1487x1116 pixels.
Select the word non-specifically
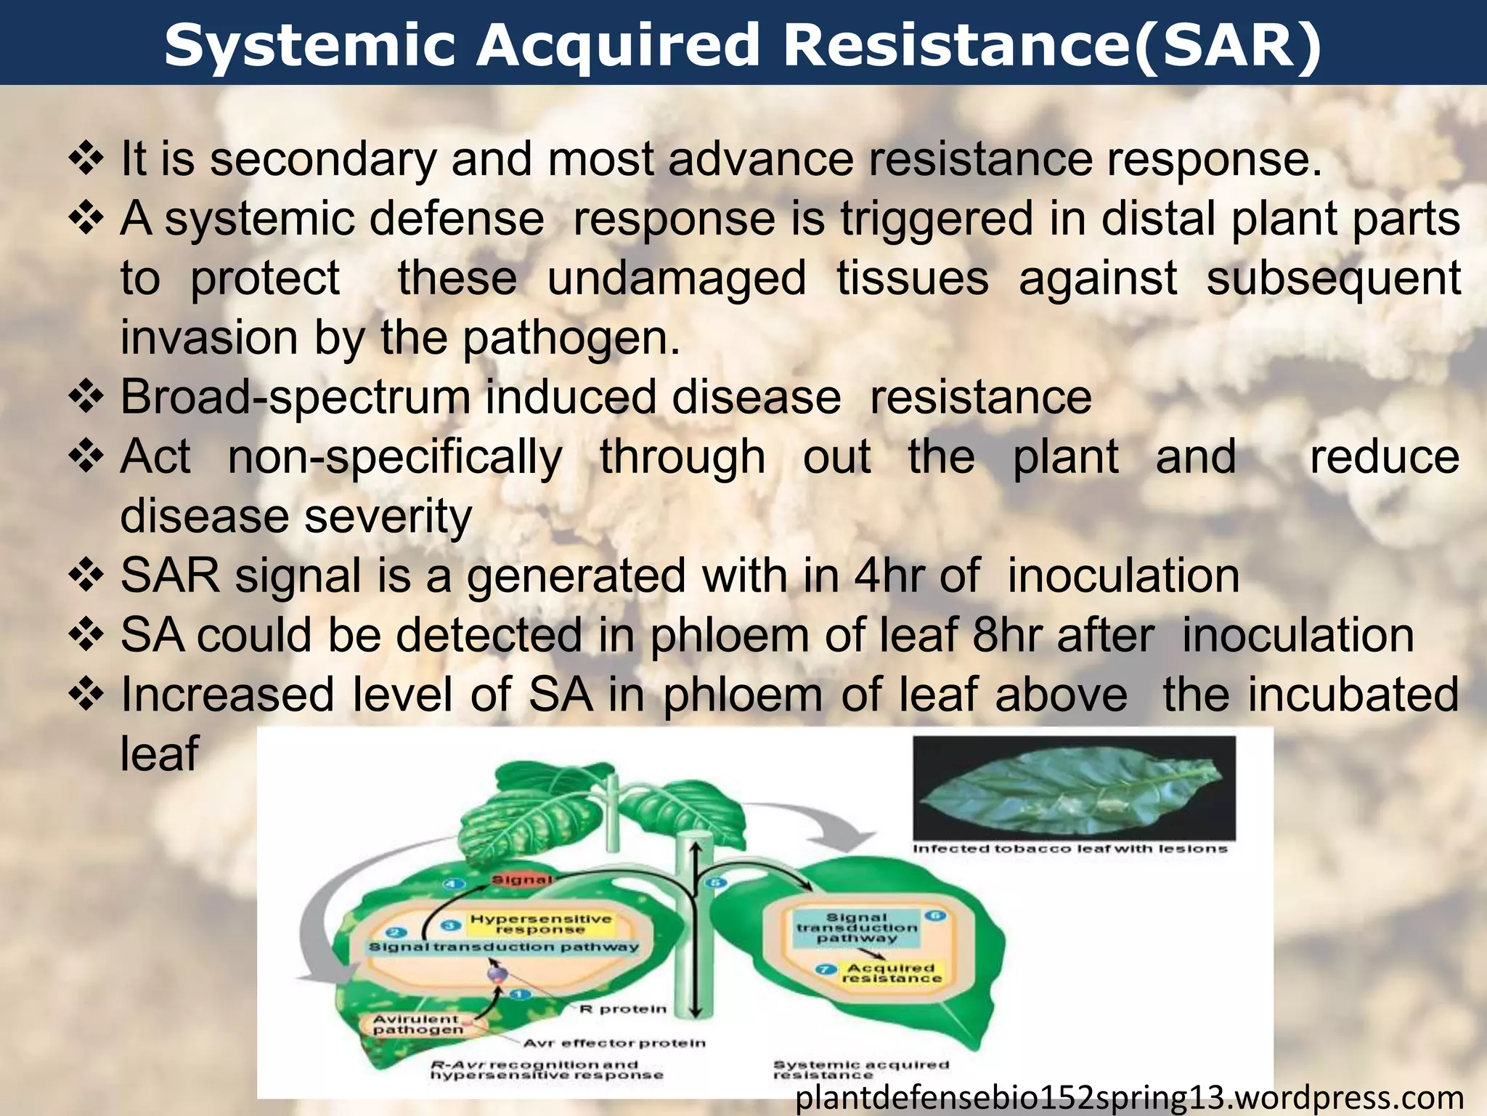point(395,457)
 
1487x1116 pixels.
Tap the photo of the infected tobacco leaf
point(1073,788)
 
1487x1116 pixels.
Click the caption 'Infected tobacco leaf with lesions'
point(1070,849)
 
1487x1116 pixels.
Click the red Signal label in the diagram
point(521,880)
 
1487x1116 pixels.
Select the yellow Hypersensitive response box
point(540,923)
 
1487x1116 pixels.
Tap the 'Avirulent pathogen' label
point(416,1024)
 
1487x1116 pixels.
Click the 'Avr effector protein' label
point(614,1043)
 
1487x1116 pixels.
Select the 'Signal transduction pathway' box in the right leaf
point(857,928)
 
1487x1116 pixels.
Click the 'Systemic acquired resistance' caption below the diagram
point(860,1069)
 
